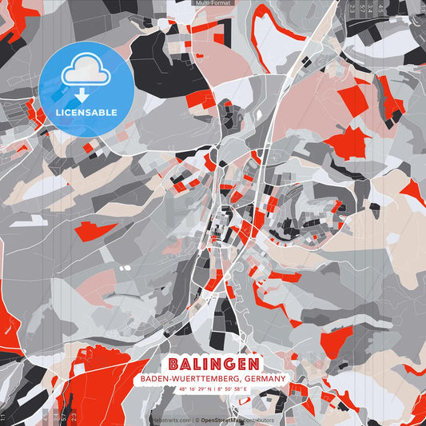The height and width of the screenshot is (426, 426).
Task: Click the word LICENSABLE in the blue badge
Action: pos(86,113)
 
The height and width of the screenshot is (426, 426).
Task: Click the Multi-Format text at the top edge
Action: pos(213,3)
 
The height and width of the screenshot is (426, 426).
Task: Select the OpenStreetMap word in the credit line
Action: pos(221,420)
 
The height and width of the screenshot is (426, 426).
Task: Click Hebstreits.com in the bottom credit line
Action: pos(170,420)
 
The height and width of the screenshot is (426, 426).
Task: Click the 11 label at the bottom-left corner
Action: pos(4,416)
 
